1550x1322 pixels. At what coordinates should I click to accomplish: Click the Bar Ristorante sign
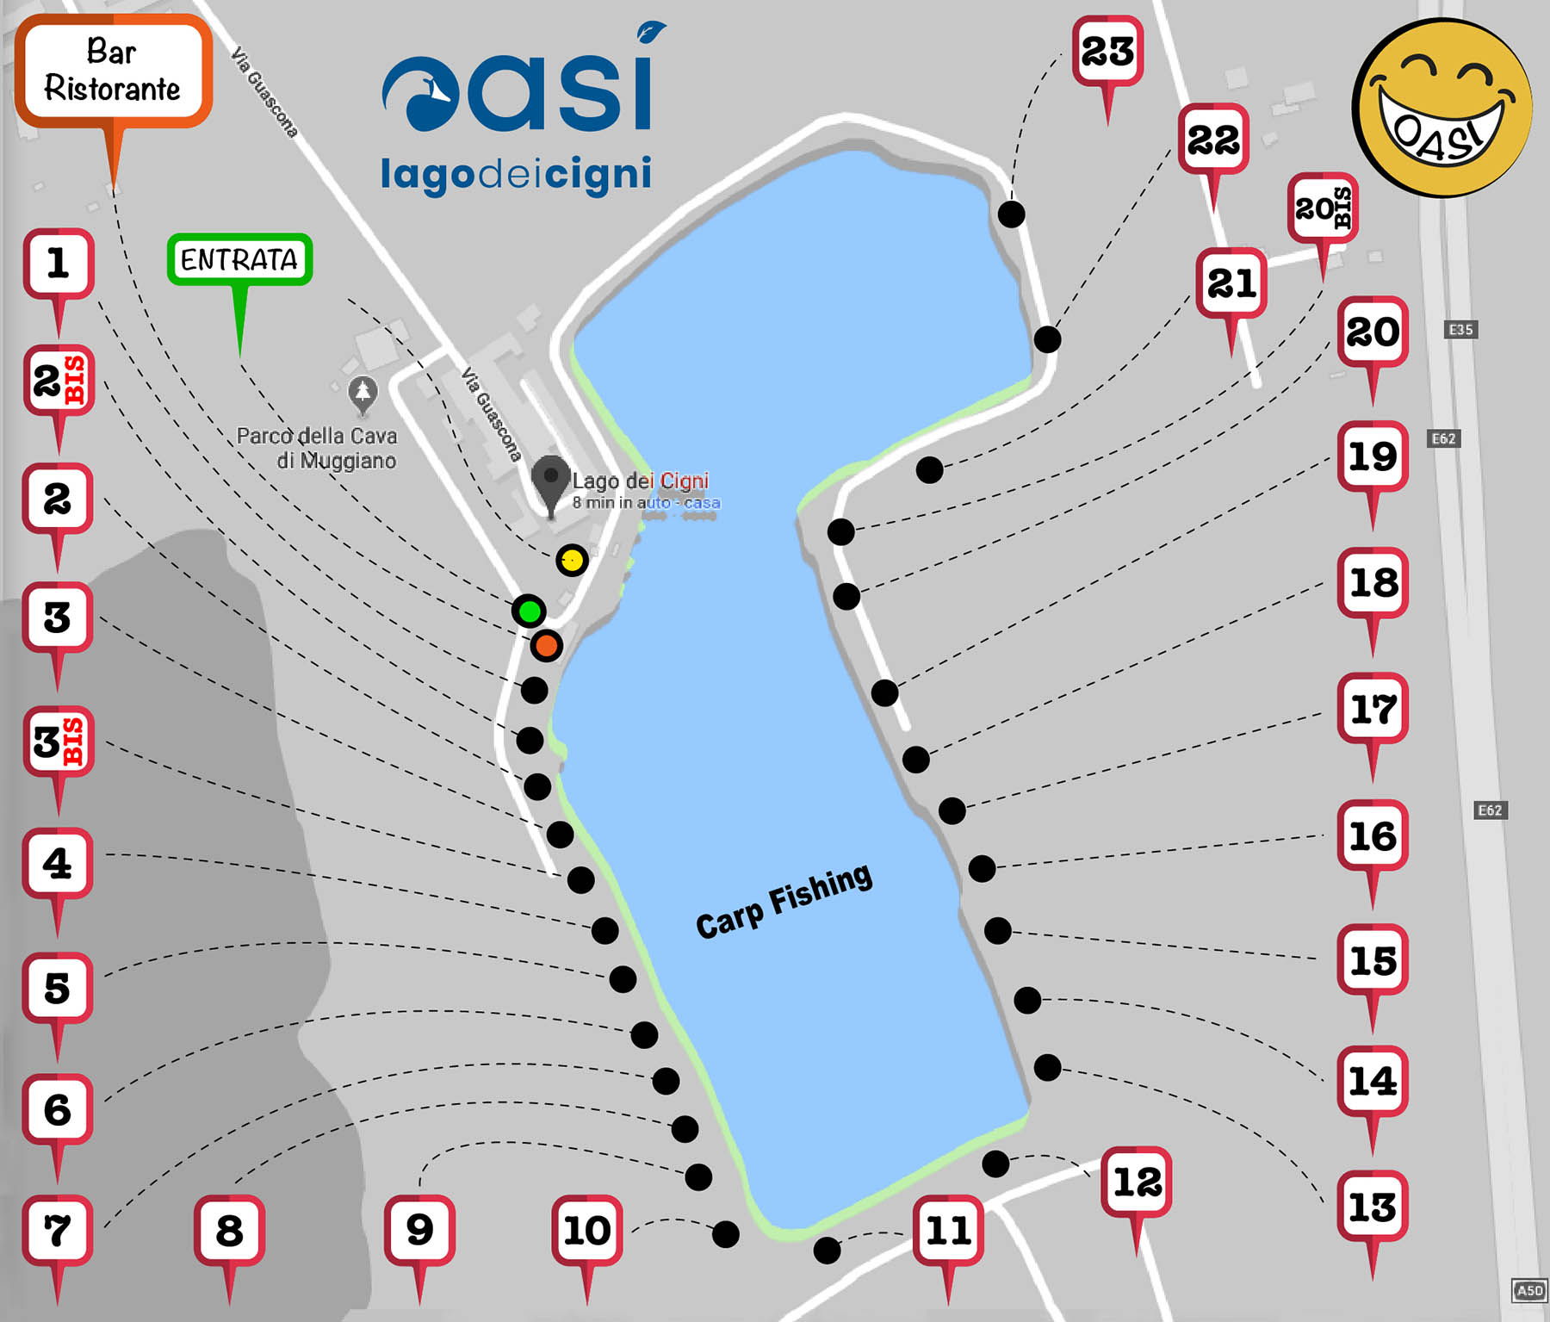click(112, 71)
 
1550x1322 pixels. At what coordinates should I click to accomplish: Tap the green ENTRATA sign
click(239, 259)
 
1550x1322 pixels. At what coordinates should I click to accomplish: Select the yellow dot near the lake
click(572, 561)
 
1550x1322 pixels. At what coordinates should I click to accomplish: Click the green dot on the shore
click(529, 611)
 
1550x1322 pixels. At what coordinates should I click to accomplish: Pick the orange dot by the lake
click(546, 645)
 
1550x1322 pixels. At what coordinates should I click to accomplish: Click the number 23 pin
click(1107, 51)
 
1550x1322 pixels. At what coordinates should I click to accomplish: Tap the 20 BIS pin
click(1323, 208)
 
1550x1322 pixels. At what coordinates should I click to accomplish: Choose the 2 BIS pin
click(59, 382)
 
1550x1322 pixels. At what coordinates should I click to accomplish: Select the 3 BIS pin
click(59, 742)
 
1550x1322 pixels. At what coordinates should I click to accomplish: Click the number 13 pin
click(1372, 1207)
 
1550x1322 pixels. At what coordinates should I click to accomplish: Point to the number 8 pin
click(229, 1230)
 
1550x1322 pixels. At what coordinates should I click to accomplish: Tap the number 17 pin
click(1373, 709)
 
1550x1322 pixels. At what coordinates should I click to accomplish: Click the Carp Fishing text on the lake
click(784, 901)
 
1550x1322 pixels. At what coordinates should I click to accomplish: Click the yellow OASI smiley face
click(1442, 108)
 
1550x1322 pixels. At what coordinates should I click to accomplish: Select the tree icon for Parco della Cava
click(363, 393)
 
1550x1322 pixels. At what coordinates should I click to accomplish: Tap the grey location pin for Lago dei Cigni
click(550, 481)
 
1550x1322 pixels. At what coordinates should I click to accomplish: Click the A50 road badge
click(1529, 1290)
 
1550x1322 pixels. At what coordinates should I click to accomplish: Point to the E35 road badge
click(1460, 329)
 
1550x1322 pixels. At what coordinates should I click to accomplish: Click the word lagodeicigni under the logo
click(516, 173)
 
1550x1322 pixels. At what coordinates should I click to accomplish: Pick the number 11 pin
click(948, 1230)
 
